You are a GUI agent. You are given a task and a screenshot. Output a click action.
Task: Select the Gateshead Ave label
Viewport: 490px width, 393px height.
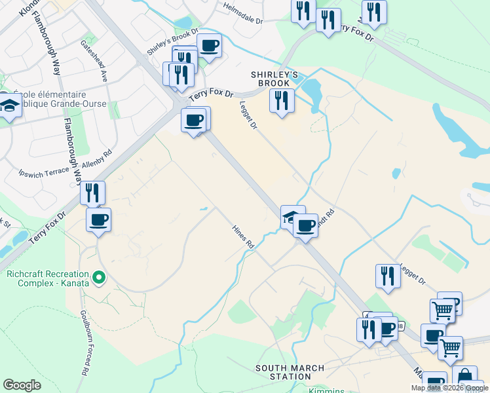[104, 62]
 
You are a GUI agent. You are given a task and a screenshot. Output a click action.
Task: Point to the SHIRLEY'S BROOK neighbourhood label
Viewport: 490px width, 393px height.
[274, 79]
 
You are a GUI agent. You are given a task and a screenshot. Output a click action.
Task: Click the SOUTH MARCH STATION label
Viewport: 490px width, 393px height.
[284, 373]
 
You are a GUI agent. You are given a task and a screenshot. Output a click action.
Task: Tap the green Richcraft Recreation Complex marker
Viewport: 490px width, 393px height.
[99, 278]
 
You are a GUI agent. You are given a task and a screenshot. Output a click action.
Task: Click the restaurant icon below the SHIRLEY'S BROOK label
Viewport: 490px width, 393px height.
[282, 100]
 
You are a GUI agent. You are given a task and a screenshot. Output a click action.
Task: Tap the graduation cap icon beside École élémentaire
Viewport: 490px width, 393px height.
[9, 104]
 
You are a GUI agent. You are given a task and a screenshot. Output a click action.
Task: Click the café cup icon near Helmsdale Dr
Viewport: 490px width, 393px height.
[209, 45]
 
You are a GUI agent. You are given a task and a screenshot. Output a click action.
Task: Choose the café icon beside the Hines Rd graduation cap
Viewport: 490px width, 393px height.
[305, 226]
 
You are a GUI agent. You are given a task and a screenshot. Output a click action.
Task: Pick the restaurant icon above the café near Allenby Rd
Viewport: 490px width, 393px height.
[92, 193]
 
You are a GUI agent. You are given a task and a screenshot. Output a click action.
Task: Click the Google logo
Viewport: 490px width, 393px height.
[22, 385]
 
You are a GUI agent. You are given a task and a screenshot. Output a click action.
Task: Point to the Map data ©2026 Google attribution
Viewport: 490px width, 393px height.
[449, 388]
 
